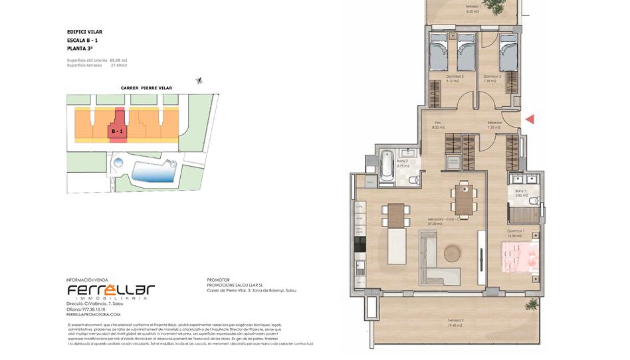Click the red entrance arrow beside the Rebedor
530,120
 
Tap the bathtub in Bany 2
387,164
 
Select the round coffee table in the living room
453,253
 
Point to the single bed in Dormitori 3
508,53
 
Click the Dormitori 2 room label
454,77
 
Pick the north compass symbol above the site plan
198,81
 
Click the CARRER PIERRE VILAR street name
146,88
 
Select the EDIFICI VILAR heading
84,32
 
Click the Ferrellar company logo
111,291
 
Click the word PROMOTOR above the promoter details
218,280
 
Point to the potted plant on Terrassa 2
532,304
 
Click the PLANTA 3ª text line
80,49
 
